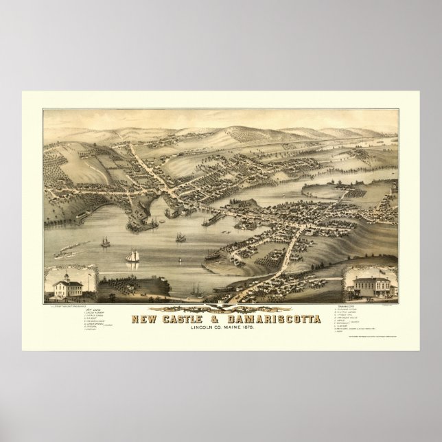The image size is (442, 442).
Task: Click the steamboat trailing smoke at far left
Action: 69,242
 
